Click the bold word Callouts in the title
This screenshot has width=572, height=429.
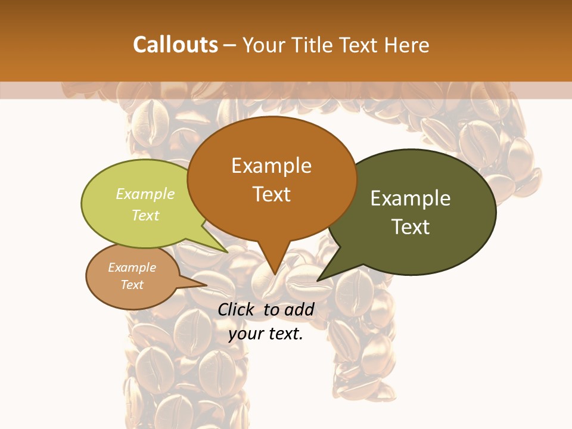click(x=175, y=45)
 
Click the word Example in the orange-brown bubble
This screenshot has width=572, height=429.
click(x=271, y=166)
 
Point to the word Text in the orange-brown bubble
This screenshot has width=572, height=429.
click(x=271, y=194)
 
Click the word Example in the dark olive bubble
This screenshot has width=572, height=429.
click(x=411, y=198)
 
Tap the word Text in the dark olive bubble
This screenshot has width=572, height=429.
click(x=411, y=227)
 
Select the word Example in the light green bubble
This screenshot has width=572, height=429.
click(x=145, y=194)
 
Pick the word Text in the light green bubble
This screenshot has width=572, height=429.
click(x=145, y=215)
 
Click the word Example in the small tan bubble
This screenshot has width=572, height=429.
click(x=132, y=268)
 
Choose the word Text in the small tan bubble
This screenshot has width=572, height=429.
click(x=132, y=285)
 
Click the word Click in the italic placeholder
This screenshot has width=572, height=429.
click(x=237, y=309)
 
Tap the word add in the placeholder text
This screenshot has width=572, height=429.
click(x=299, y=309)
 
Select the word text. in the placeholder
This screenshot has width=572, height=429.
click(x=285, y=334)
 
